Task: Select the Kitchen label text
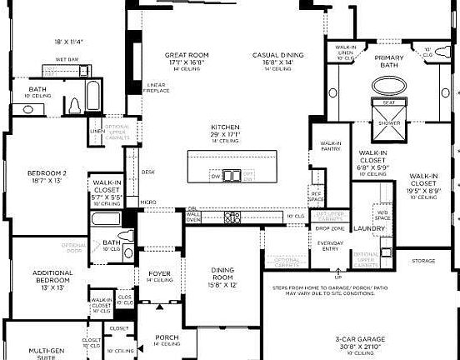click(225, 127)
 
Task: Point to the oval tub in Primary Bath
click(388, 86)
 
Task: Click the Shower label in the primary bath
click(388, 122)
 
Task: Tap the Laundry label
click(368, 227)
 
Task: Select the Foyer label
click(159, 273)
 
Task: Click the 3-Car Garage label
click(360, 340)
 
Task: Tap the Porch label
click(167, 337)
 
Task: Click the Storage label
click(422, 261)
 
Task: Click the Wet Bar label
click(67, 59)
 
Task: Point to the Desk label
click(148, 172)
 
